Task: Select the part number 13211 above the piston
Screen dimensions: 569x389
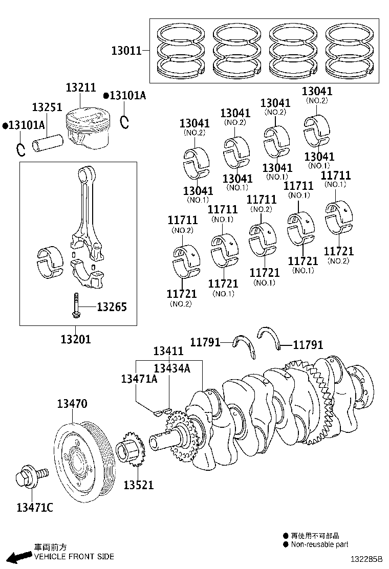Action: (x=80, y=87)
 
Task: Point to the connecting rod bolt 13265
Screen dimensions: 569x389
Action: (x=76, y=307)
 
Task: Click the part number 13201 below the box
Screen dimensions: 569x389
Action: (x=76, y=338)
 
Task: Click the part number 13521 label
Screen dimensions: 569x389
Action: (x=138, y=485)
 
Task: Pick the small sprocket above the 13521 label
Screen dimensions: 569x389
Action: (x=131, y=449)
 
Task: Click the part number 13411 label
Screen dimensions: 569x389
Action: (x=168, y=351)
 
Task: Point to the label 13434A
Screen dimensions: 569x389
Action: (x=172, y=368)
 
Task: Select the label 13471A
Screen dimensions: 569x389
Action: (x=139, y=379)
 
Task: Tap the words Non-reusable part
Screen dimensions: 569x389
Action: (x=319, y=544)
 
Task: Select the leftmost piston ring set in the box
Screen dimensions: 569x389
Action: (x=181, y=51)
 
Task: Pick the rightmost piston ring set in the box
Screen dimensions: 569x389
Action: (x=351, y=51)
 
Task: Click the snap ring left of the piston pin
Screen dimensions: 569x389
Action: (x=20, y=149)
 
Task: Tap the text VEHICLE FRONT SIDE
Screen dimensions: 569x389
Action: (x=74, y=556)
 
